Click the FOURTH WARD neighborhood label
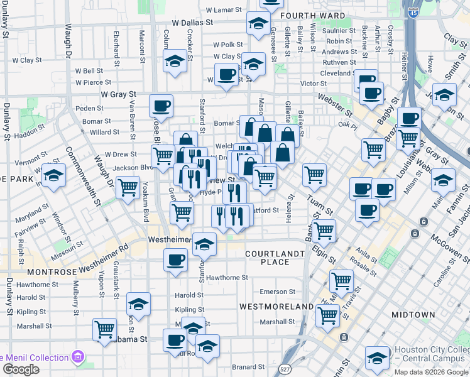(x=313, y=16)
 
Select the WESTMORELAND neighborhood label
(x=276, y=306)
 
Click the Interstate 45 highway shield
(x=413, y=12)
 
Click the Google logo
(x=21, y=369)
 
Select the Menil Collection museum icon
(x=78, y=358)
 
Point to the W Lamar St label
(x=224, y=10)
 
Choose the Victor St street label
(x=314, y=83)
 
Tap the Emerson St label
(x=277, y=292)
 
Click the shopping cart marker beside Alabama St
(x=104, y=329)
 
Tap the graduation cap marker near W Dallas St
(x=258, y=24)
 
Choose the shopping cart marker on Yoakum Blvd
(x=128, y=187)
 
